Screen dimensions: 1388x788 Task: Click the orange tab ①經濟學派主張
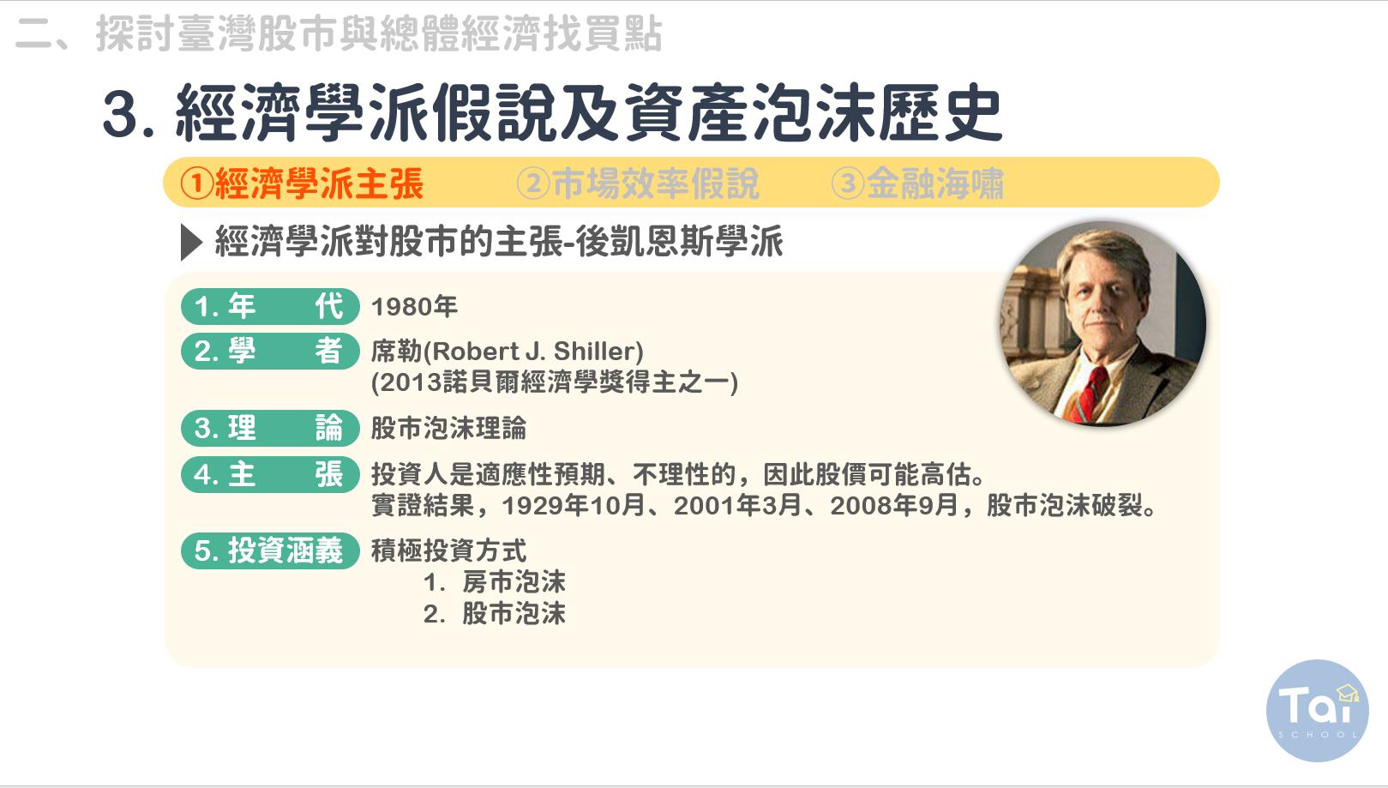coord(302,183)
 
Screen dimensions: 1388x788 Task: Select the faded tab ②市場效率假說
coord(638,183)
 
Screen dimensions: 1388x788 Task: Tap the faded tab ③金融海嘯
coord(917,183)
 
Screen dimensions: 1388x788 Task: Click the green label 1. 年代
coord(270,306)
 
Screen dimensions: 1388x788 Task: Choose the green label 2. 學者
coord(270,352)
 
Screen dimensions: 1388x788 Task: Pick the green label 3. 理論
coord(270,428)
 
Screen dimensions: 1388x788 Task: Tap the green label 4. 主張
coord(270,474)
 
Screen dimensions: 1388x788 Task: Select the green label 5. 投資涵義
coord(270,550)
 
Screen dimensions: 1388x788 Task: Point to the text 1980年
coord(414,307)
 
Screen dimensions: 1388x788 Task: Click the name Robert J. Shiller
coord(538,352)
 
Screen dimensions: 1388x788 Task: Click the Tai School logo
coord(1318,711)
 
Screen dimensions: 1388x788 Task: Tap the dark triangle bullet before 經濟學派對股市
coord(191,242)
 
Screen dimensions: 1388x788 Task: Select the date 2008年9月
coord(895,506)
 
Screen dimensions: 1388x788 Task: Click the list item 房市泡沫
coord(514,582)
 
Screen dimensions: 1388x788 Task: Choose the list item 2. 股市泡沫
coord(495,614)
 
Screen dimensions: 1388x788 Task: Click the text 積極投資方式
coord(448,550)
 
